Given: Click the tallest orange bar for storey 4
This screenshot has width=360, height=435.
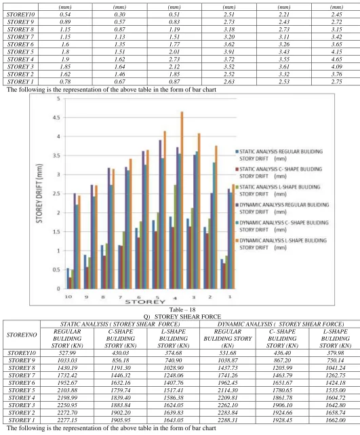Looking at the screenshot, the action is click(x=182, y=200).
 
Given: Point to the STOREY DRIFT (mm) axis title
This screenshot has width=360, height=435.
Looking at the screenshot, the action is click(x=39, y=193).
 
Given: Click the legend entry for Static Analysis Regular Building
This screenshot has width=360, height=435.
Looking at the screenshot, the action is click(x=279, y=155).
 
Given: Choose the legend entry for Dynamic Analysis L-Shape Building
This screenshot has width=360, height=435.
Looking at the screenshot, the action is click(x=281, y=244).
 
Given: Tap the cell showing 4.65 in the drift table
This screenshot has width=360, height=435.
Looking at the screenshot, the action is click(x=336, y=59).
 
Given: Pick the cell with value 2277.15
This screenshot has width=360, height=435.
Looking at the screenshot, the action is click(x=67, y=420).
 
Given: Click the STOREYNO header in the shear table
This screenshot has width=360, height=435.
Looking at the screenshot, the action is click(x=22, y=335).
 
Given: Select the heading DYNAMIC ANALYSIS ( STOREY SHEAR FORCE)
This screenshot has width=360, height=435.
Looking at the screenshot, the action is click(x=281, y=324).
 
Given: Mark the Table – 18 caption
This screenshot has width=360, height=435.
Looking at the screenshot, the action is click(x=182, y=309).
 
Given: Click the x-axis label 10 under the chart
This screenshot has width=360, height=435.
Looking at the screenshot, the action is click(x=68, y=297).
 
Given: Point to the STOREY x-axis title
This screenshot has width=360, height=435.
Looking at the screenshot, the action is click(x=145, y=302).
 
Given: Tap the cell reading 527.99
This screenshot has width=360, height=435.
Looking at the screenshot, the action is click(x=67, y=353).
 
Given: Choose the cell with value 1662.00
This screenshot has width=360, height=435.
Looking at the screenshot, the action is click(x=336, y=420).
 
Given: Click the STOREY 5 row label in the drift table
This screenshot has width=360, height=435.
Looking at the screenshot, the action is click(x=20, y=52).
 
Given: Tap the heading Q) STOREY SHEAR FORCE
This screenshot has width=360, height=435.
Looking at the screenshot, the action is click(x=182, y=317).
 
